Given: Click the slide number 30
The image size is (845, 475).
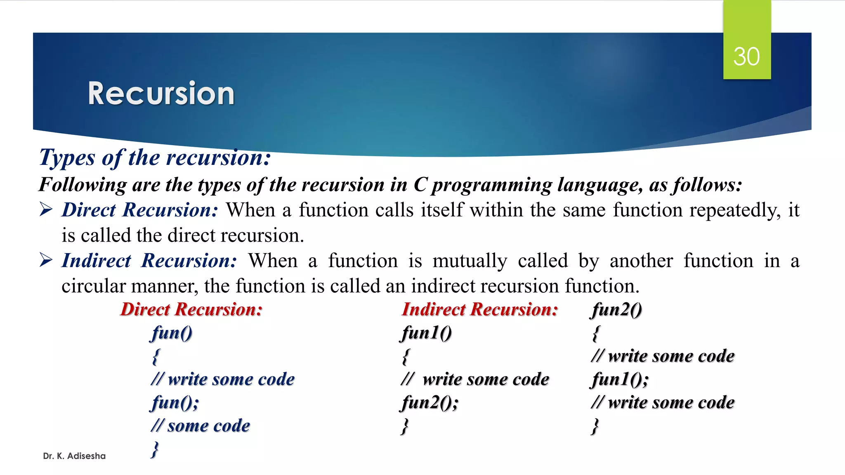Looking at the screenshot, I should (746, 56).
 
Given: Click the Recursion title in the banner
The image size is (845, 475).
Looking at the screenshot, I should (161, 94).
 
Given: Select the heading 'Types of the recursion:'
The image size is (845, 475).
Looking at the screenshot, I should (155, 158).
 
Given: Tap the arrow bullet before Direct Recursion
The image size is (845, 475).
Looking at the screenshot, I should (46, 210).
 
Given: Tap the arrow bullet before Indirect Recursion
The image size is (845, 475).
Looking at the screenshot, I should (46, 261).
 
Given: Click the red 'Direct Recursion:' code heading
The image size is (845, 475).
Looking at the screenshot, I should (191, 310).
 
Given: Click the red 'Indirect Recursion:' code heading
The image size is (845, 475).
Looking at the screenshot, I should (480, 310).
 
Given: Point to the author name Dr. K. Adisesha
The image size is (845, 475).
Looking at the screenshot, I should (74, 456).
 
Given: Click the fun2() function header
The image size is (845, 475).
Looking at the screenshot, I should (617, 310).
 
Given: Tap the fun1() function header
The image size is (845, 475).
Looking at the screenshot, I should (427, 333).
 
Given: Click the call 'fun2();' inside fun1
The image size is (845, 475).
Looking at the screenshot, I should (429, 402).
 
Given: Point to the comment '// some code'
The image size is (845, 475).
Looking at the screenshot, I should (201, 426).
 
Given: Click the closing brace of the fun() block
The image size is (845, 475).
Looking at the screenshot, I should (155, 449).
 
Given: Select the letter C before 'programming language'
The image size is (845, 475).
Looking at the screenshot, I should (420, 185).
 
